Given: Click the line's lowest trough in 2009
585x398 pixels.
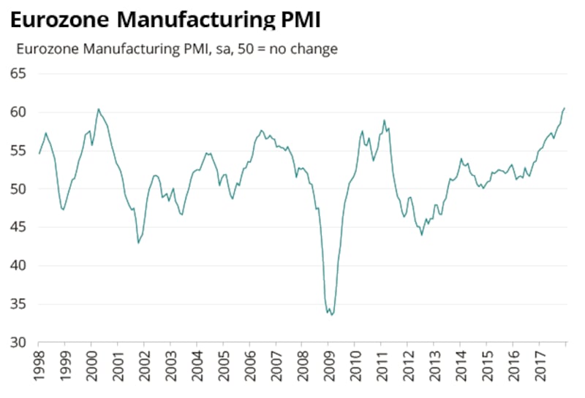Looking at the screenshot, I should (331, 315).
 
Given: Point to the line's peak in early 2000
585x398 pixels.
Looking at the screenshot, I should (99, 110).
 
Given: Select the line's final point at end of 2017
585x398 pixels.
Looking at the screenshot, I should (565, 108).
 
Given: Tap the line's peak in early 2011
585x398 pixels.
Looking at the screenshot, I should (385, 120).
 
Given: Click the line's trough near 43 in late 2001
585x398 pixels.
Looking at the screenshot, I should (138, 242).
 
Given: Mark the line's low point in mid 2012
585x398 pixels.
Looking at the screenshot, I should (422, 234).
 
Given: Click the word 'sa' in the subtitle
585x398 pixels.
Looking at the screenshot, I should (218, 50).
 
